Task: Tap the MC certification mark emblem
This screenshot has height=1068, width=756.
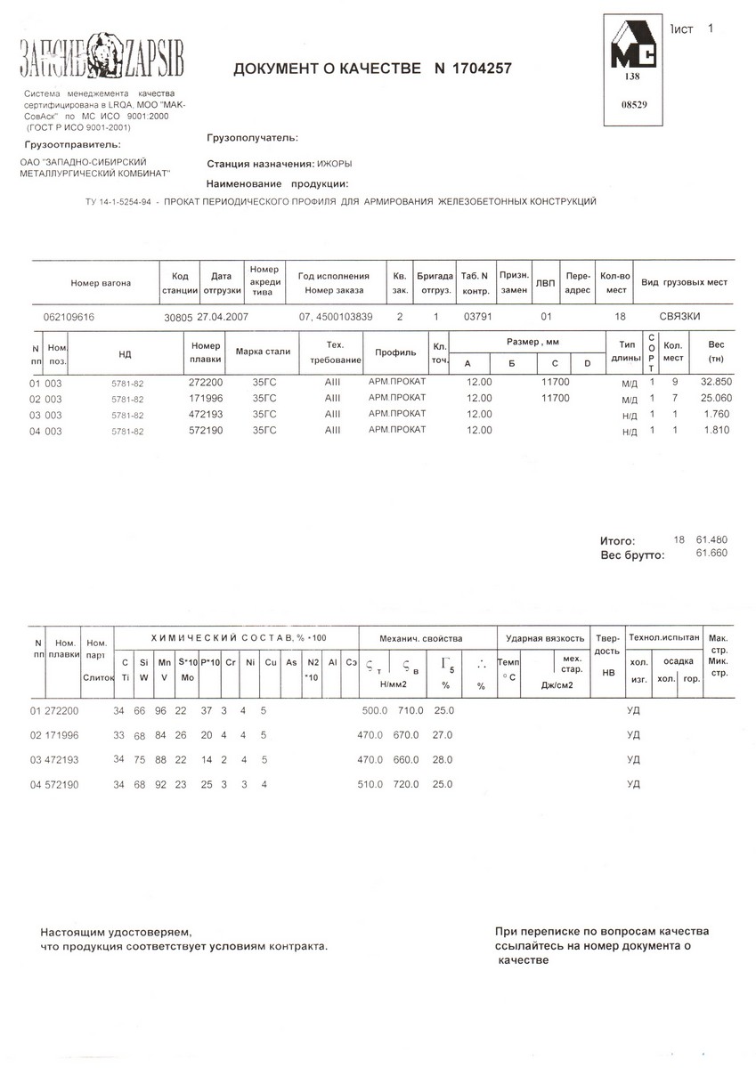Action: point(633,49)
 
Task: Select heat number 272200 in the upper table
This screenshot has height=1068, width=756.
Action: point(206,382)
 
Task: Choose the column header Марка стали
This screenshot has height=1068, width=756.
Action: point(263,352)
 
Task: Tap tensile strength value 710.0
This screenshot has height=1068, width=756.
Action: point(410,710)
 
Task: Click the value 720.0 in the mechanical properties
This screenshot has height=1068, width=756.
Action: point(410,784)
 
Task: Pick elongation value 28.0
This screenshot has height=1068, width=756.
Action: point(443,759)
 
